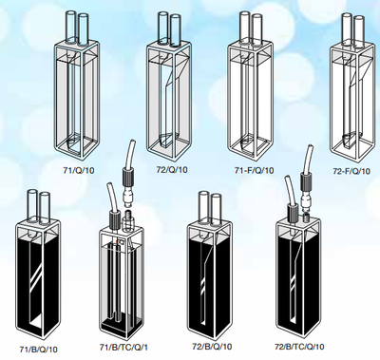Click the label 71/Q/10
[79, 170]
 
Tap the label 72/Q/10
[172, 170]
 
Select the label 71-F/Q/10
[254, 170]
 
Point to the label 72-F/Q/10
[351, 171]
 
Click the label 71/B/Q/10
[39, 350]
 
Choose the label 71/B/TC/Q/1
[123, 348]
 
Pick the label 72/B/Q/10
[212, 347]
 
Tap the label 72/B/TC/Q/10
[299, 347]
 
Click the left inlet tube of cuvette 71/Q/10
[70, 27]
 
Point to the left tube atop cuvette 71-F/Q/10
[245, 27]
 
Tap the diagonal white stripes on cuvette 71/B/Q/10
[36, 275]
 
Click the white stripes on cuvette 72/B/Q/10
[204, 283]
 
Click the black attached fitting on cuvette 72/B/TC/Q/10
[292, 212]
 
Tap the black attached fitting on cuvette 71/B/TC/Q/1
[114, 218]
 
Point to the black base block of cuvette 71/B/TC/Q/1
[118, 325]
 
